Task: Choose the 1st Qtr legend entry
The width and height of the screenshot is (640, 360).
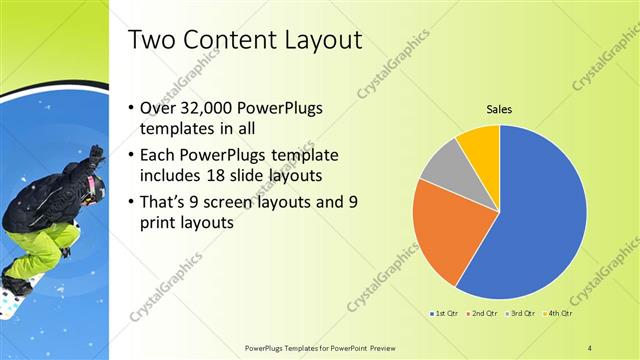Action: [446, 314]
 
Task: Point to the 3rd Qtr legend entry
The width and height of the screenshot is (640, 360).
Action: [521, 314]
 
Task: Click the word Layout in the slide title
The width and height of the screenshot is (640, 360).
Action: [315, 41]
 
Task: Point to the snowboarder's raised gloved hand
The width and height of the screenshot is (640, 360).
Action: [96, 155]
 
